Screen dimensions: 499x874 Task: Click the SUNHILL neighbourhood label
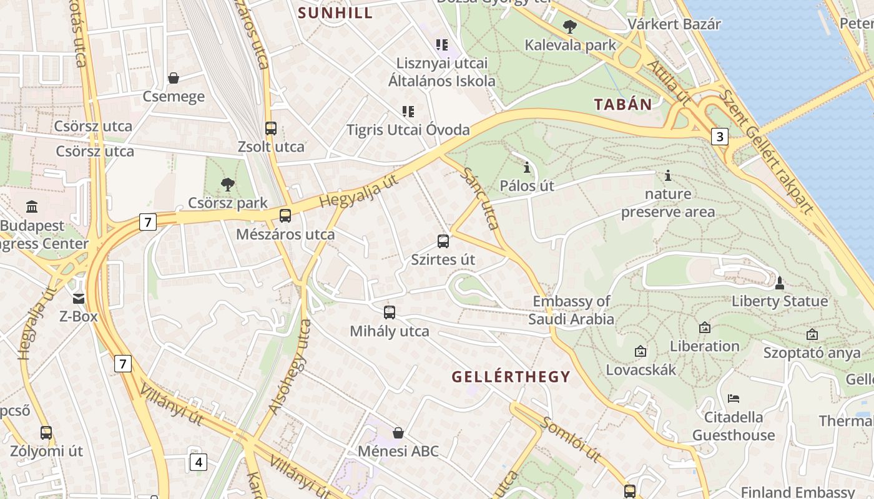335,12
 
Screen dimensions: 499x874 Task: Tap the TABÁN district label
622,104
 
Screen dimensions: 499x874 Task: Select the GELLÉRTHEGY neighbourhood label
511,377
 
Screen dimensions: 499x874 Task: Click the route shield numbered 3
720,137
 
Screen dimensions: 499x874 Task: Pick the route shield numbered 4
199,462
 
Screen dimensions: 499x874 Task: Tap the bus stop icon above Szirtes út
443,241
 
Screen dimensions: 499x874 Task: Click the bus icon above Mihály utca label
390,312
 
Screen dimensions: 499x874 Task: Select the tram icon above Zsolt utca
271,128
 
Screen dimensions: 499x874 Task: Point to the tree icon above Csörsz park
228,184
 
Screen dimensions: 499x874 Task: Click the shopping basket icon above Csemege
174,78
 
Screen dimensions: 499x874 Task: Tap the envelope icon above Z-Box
79,298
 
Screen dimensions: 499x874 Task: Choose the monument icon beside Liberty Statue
779,283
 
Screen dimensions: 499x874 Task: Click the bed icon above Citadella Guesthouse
734,398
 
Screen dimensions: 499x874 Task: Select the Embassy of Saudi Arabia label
571,310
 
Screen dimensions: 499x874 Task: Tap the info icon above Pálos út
527,167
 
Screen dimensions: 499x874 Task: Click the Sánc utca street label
481,199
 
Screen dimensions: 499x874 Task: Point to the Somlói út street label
571,440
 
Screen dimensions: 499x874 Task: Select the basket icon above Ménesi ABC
398,432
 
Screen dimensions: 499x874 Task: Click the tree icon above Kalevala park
569,27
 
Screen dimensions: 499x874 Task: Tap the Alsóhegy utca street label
289,367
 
